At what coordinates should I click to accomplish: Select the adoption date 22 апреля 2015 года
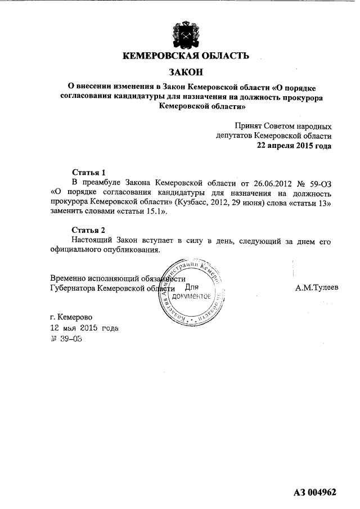[x=294, y=145]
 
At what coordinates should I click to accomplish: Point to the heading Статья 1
[x=89, y=172]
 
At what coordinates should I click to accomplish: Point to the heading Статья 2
[x=89, y=230]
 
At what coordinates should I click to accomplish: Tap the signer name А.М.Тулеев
[x=317, y=288]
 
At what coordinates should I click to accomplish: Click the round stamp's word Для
[x=192, y=287]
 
